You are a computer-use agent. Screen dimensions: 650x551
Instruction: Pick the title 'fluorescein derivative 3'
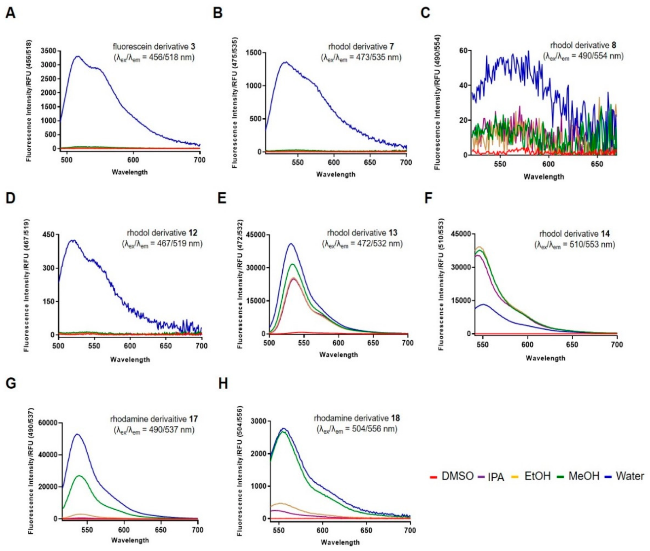click(x=154, y=47)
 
